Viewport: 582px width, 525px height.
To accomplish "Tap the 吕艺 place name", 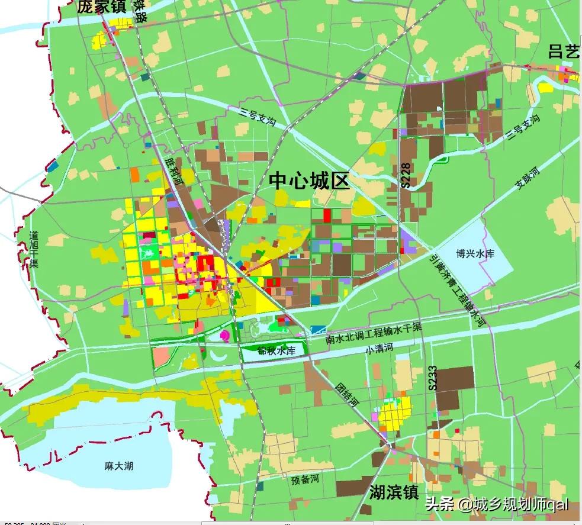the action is tap(563, 51).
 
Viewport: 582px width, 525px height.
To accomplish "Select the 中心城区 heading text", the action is tap(310, 181).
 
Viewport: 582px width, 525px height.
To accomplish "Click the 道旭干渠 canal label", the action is tap(34, 249).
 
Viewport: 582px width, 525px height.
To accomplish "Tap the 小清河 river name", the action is tap(379, 349).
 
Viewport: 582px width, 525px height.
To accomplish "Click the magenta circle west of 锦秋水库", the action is tap(225, 336).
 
